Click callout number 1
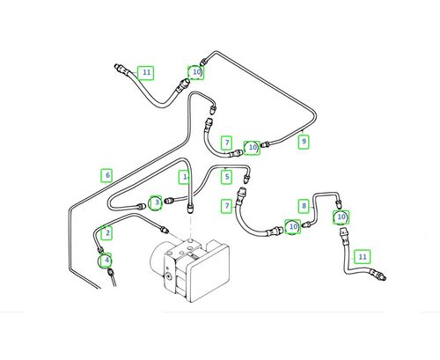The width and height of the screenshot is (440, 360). (x=184, y=177)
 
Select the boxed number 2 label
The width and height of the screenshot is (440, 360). (x=107, y=232)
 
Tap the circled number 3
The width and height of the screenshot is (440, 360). (x=156, y=202)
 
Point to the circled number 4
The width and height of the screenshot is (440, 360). (x=106, y=261)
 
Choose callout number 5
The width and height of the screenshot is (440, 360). (x=226, y=177)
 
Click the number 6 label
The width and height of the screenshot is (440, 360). (x=106, y=175)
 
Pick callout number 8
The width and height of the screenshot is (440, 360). (x=304, y=206)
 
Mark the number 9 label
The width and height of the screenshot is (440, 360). (x=304, y=142)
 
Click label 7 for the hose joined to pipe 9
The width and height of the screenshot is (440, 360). (x=227, y=143)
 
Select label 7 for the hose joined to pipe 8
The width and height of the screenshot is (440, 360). (x=227, y=206)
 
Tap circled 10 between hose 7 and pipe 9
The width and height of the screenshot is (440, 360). (x=252, y=148)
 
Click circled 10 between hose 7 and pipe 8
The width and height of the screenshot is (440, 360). (x=293, y=227)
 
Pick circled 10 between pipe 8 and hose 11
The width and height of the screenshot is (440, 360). (x=341, y=217)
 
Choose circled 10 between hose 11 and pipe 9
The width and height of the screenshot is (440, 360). (x=196, y=72)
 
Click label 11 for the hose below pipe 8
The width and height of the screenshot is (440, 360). (x=363, y=257)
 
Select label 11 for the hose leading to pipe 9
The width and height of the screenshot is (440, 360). (x=146, y=72)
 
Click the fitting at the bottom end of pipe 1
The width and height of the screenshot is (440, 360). (x=191, y=209)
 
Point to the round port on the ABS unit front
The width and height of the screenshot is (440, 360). (x=168, y=276)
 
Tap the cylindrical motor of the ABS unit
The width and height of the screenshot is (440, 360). (x=158, y=256)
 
